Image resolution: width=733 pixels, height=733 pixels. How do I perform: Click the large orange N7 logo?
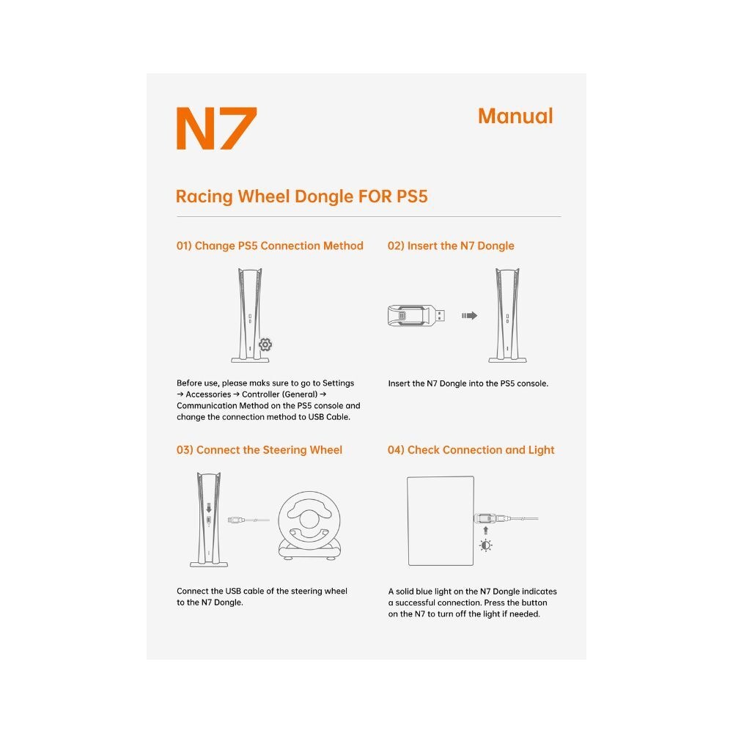[x=216, y=129]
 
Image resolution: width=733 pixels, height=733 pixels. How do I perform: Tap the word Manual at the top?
[x=515, y=116]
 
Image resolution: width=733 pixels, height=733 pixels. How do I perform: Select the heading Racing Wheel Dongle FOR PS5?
[x=301, y=196]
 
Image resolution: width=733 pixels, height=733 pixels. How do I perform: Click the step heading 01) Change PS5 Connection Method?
[x=270, y=246]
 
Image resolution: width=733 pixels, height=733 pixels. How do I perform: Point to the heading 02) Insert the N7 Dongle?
[x=451, y=246]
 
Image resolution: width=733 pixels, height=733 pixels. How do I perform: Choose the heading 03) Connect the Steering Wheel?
[x=259, y=449]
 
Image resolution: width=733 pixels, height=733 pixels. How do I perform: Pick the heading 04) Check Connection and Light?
[x=471, y=449]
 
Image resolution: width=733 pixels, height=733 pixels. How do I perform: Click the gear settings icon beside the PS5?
[x=265, y=345]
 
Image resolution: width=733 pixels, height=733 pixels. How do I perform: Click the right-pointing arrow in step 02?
[x=469, y=315]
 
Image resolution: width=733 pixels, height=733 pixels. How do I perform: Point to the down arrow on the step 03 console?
[x=209, y=507]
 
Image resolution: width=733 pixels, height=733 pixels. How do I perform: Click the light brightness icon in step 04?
[x=485, y=545]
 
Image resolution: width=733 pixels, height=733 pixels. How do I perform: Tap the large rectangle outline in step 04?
[x=441, y=520]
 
